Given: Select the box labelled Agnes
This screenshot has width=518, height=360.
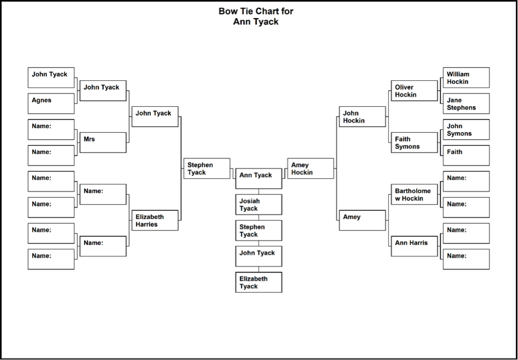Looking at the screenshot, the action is [x=51, y=103].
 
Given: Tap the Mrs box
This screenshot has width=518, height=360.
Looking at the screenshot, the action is [x=103, y=143].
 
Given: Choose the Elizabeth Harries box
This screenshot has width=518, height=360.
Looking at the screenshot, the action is [x=155, y=220].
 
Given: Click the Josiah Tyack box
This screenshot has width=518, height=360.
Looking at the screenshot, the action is [x=259, y=204].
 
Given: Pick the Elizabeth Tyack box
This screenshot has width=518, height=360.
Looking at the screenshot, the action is [x=259, y=282].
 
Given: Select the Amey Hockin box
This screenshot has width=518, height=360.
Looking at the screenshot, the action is [x=310, y=168].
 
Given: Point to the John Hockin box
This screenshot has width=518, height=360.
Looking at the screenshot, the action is [x=362, y=117].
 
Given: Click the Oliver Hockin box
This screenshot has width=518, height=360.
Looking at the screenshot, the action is [x=415, y=90].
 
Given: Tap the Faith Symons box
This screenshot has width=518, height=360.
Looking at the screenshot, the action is [x=415, y=143].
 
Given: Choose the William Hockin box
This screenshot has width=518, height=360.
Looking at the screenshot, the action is [x=466, y=78].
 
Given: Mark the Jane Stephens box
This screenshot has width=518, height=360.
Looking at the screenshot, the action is [x=466, y=103].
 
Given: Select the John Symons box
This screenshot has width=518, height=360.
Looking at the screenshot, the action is [x=466, y=129].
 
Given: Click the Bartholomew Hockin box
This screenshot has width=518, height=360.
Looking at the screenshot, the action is [x=415, y=194].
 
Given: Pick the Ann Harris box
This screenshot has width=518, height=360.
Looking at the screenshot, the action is [x=415, y=246].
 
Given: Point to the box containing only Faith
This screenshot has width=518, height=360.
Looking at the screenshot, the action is [x=466, y=155].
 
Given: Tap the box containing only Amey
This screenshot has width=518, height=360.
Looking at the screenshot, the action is [x=362, y=220].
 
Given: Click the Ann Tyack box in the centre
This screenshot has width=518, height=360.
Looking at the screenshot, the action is [x=259, y=179].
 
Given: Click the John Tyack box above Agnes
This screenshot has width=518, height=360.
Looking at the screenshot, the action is [x=51, y=78].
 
